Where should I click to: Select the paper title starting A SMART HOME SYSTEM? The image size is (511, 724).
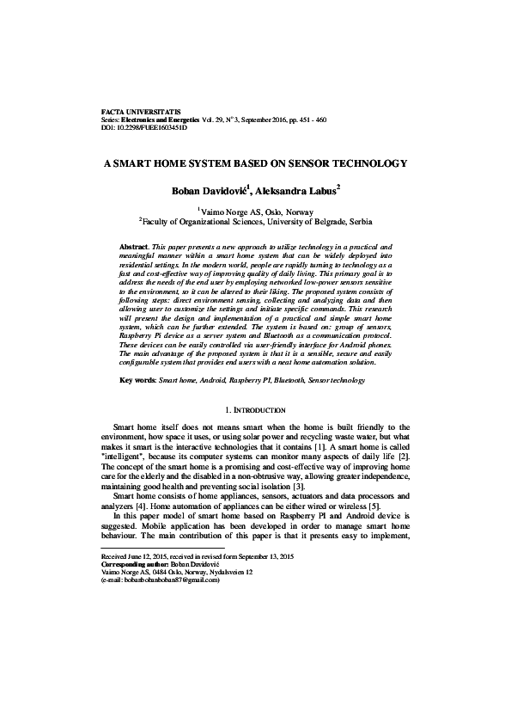(255, 163)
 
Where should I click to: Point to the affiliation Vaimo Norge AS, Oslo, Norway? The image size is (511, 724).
(256, 209)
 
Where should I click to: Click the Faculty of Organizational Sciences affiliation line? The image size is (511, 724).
(255, 221)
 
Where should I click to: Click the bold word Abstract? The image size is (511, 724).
(136, 246)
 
